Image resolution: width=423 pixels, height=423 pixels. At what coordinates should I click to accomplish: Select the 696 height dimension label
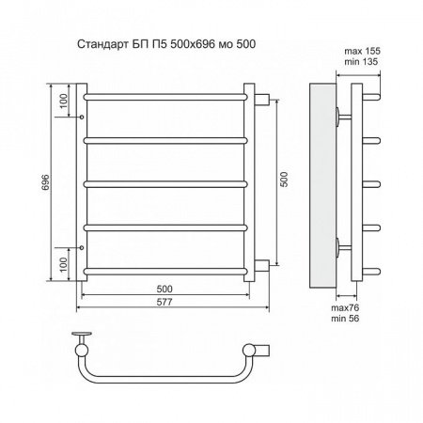point(46,182)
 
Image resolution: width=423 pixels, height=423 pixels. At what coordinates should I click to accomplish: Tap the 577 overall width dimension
point(164,302)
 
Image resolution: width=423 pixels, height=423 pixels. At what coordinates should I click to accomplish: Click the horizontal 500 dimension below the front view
point(164,289)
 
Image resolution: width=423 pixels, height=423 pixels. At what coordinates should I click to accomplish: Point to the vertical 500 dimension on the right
point(284,180)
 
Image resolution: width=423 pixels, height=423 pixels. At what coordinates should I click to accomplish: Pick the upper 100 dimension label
point(63,101)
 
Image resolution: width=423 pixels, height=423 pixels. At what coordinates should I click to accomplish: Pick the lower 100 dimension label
point(63,265)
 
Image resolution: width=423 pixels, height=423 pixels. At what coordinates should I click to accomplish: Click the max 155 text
point(362,51)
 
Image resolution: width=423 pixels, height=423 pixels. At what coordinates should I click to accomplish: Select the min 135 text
point(361,61)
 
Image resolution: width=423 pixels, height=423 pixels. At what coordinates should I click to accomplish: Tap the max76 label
point(345,307)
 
